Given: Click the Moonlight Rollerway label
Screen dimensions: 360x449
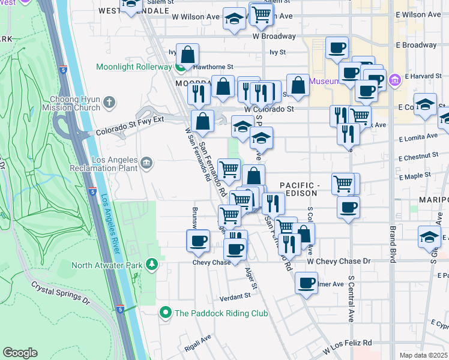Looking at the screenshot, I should click(x=133, y=67).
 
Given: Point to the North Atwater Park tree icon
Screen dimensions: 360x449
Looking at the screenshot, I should click(x=153, y=265).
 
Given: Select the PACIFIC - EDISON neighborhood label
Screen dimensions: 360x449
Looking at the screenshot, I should click(x=304, y=187).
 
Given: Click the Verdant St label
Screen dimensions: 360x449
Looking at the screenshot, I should click(x=235, y=296).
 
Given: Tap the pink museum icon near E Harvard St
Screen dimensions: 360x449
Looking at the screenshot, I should click(x=394, y=80).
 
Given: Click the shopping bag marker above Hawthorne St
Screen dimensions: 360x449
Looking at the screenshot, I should click(x=188, y=54).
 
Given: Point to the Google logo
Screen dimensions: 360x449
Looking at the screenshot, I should click(x=20, y=353).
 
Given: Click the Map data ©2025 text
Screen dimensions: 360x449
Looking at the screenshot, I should click(x=423, y=355).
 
